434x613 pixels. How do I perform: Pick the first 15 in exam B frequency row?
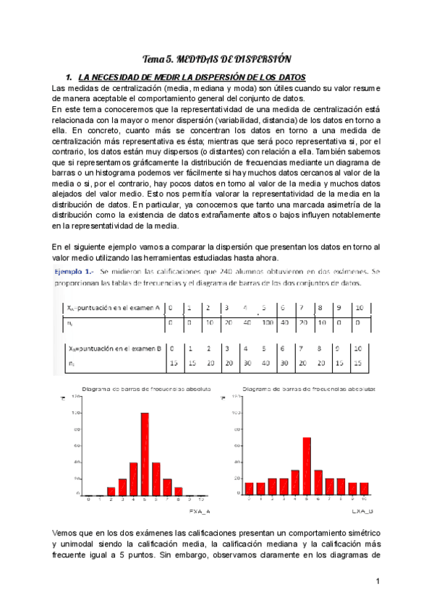(171, 363)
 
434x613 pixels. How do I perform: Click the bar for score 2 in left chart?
(111, 491)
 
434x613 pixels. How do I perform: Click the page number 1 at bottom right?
(378, 581)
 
